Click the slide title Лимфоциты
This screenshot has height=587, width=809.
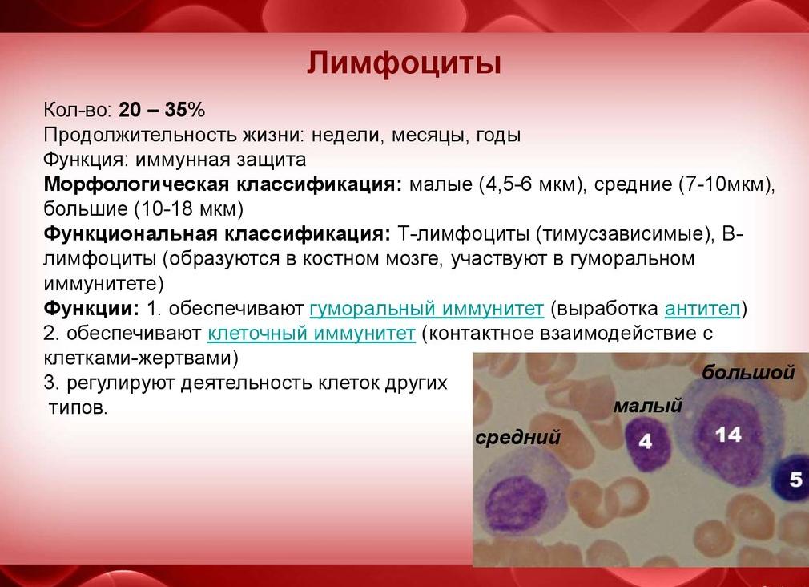[404, 63]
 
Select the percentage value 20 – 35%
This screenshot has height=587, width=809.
[162, 111]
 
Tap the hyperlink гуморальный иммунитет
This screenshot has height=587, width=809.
[426, 309]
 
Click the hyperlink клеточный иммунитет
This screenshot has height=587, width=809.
[311, 333]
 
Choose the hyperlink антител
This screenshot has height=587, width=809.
[702, 309]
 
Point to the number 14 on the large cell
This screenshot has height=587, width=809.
[728, 435]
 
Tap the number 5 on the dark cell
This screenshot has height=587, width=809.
[795, 480]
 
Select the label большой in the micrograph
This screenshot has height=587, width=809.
[748, 373]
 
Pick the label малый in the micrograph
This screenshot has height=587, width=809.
[647, 406]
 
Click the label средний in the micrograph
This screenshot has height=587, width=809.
[517, 437]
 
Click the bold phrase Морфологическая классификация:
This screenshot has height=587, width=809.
[223, 184]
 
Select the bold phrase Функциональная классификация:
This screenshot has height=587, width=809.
[217, 234]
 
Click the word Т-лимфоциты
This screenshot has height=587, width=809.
[462, 234]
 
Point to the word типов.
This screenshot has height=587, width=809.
[77, 407]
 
